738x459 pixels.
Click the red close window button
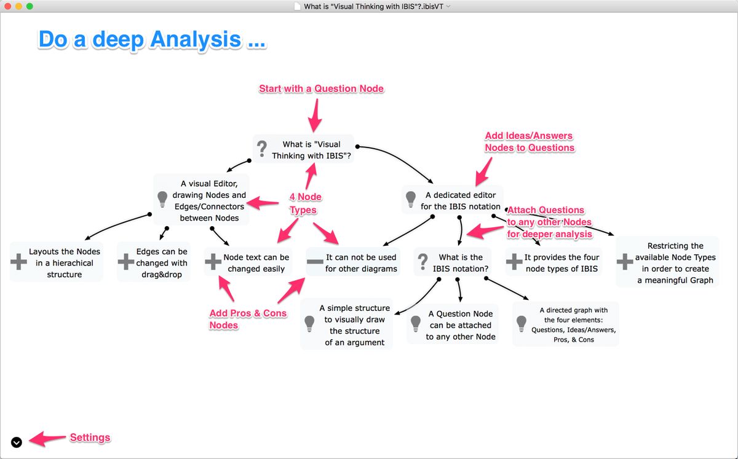[7, 6]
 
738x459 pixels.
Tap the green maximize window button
[30, 6]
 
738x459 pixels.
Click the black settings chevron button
[17, 442]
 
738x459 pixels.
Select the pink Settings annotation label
[90, 437]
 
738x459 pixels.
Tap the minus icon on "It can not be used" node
[315, 262]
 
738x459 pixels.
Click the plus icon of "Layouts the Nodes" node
[18, 262]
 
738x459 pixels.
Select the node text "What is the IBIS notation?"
[461, 263]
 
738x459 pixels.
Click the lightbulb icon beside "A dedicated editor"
[411, 199]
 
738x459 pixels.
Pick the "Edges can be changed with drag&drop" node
[161, 263]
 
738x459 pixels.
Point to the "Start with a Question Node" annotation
[321, 88]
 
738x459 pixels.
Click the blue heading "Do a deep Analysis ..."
[152, 39]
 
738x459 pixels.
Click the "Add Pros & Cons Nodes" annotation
[248, 319]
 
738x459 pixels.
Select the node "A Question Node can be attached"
[461, 325]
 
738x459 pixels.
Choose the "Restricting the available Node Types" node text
[675, 263]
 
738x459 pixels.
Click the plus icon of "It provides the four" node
[514, 262]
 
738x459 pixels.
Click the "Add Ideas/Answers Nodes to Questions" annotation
[530, 142]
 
